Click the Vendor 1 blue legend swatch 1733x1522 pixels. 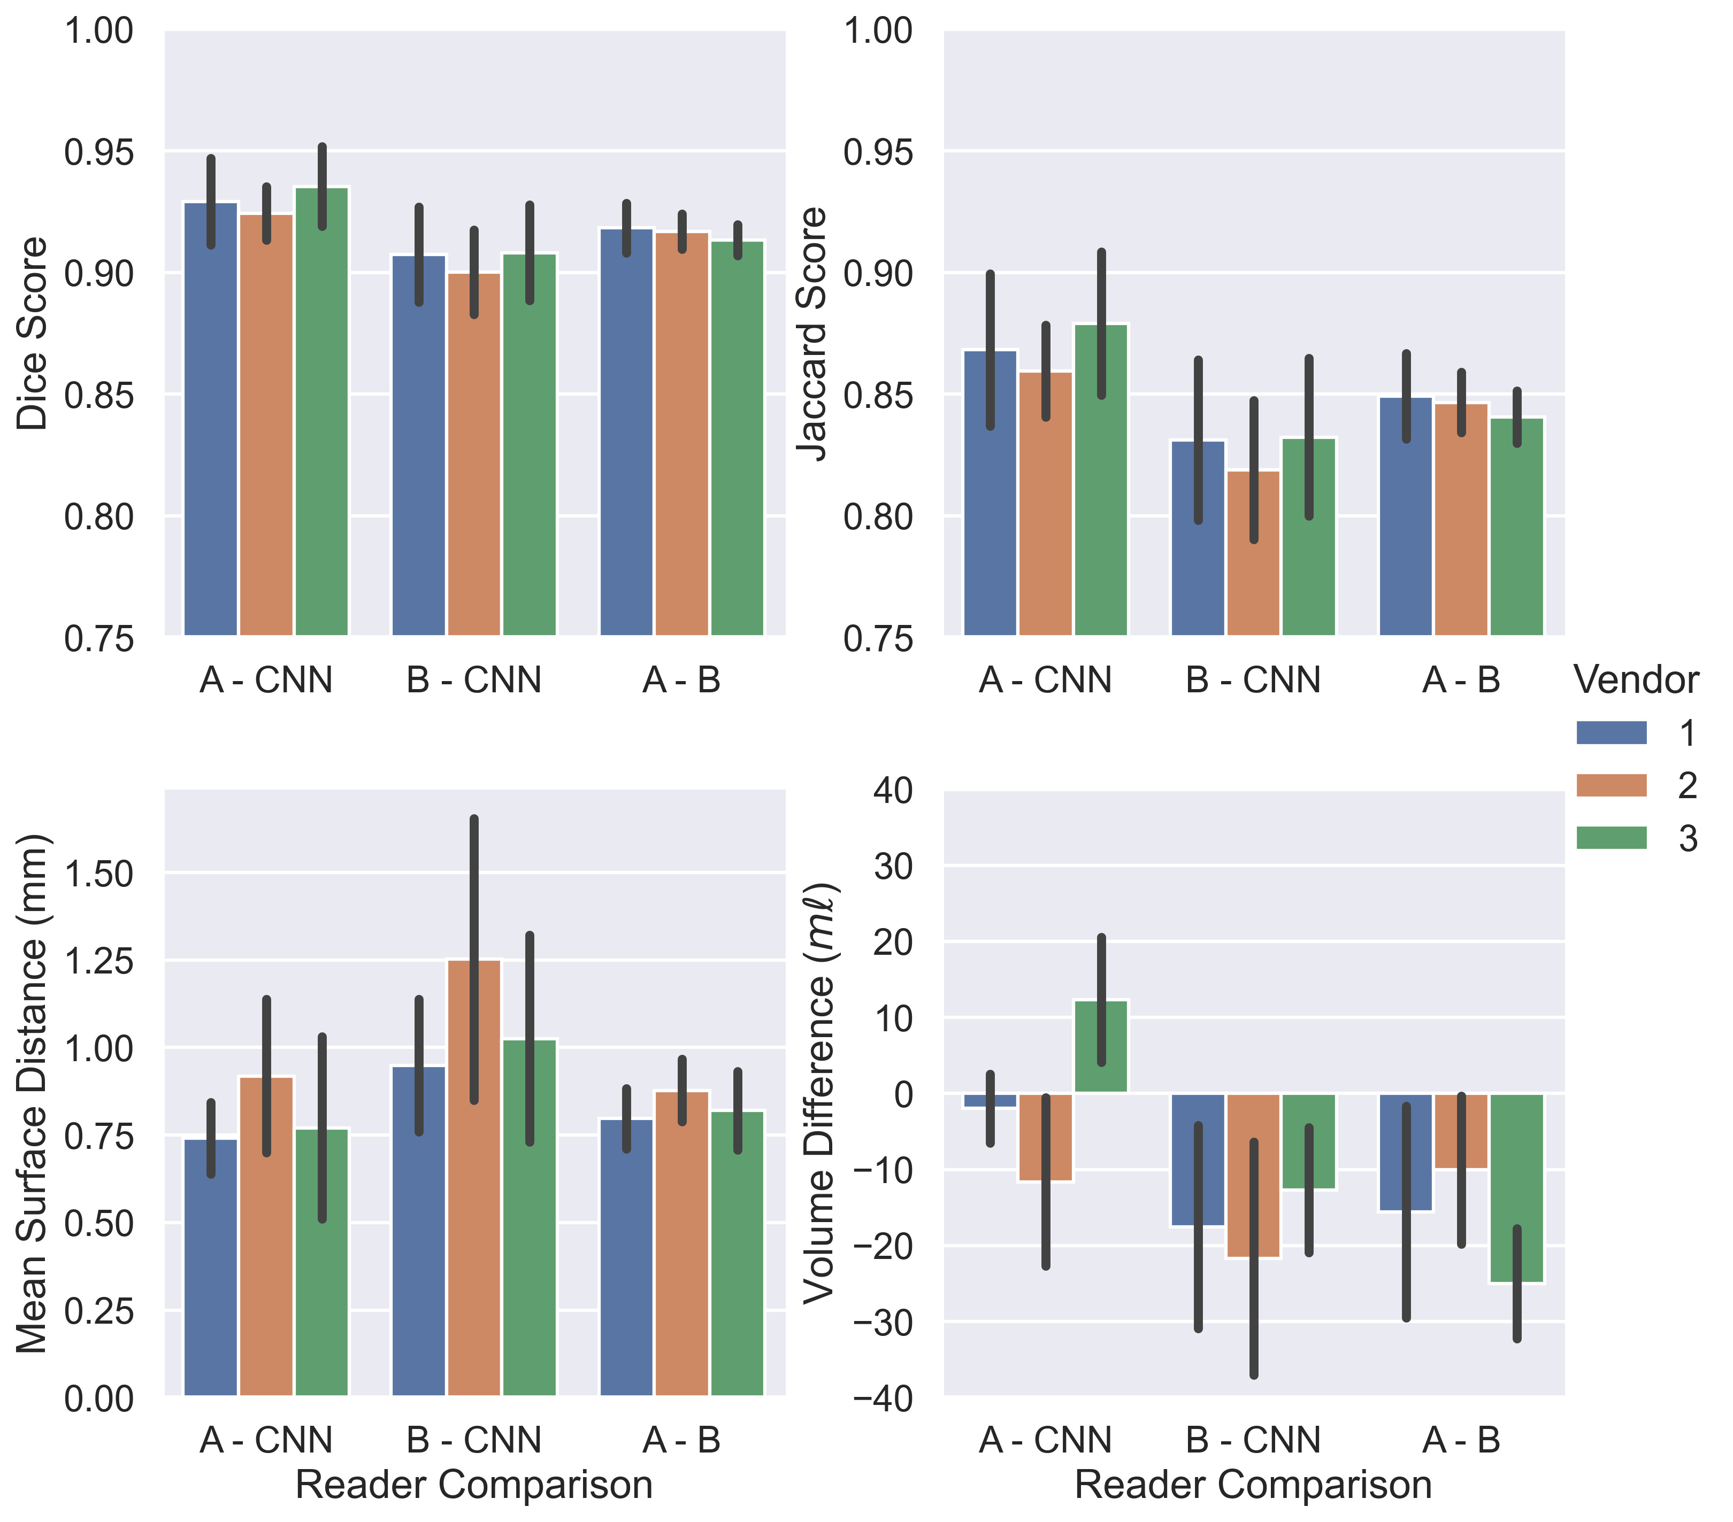1611,733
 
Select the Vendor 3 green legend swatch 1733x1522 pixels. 1611,838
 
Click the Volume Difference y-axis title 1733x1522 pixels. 819,1093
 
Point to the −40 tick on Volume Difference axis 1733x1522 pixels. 883,1399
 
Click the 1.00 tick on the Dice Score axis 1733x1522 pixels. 98,32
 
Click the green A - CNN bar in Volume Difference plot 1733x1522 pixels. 1101,1047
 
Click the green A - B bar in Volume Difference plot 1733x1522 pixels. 1517,1186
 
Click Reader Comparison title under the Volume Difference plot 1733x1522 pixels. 1253,1485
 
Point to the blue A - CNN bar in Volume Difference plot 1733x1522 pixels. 990,1100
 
